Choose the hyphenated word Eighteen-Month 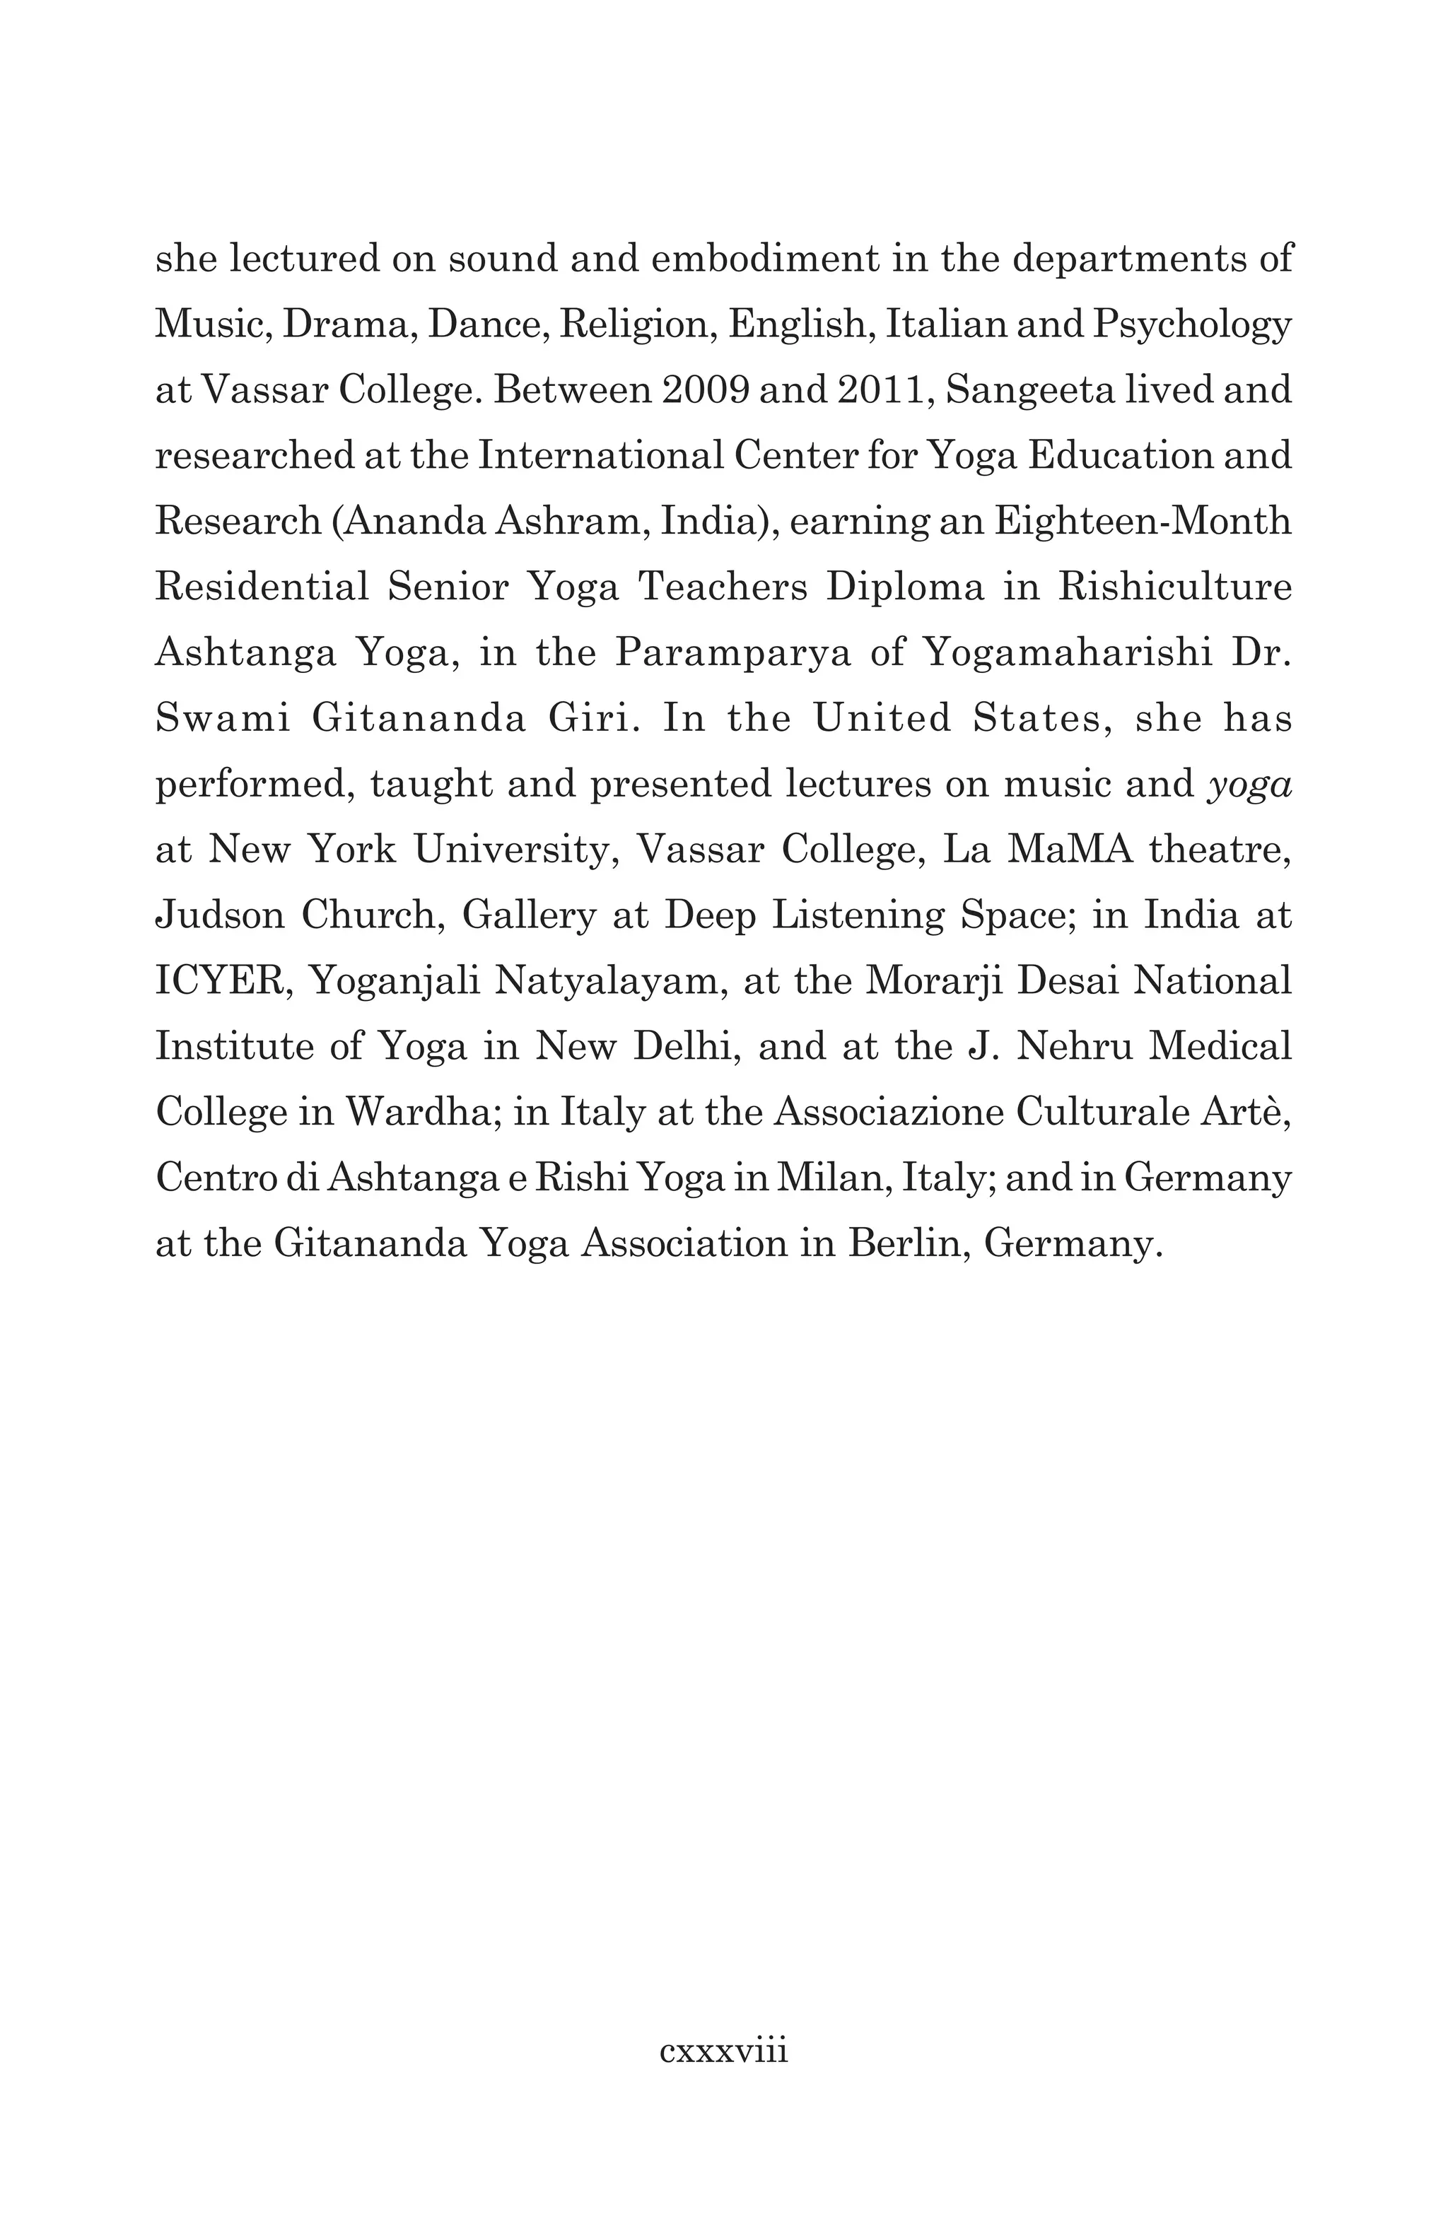coord(1143,520)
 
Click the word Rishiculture coord(1175,587)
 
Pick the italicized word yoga coord(1250,785)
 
